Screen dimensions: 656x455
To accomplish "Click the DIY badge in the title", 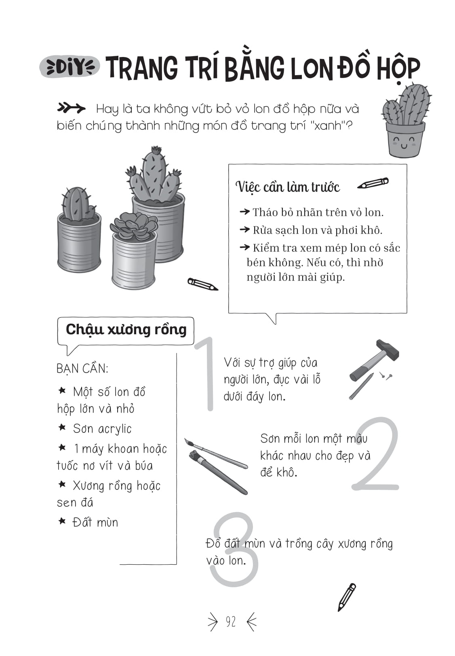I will coord(69,67).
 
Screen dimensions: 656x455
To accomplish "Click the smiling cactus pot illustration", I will coord(405,121).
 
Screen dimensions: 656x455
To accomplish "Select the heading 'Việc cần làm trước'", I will coord(287,187).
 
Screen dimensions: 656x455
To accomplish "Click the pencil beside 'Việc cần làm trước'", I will coord(373,184).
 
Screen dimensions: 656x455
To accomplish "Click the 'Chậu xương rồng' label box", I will coord(126,330).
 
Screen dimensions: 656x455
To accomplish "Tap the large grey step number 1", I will coord(206,374).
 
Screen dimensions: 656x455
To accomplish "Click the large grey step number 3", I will coord(234,550).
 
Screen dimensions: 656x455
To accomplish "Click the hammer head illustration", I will coord(388,350).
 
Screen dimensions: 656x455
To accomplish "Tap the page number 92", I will coord(231,622).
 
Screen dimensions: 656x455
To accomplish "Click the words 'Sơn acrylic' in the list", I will coord(102,429).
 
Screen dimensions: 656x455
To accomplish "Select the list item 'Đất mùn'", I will coord(95,523).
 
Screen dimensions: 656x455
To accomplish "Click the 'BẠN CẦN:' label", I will coord(82,369).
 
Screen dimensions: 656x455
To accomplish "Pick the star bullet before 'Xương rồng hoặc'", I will coord(62,484).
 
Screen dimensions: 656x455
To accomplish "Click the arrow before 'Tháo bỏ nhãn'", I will coord(244,212).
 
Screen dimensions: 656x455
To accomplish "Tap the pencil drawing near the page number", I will coord(347,597).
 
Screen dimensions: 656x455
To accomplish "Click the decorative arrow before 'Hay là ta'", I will coord(72,108).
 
